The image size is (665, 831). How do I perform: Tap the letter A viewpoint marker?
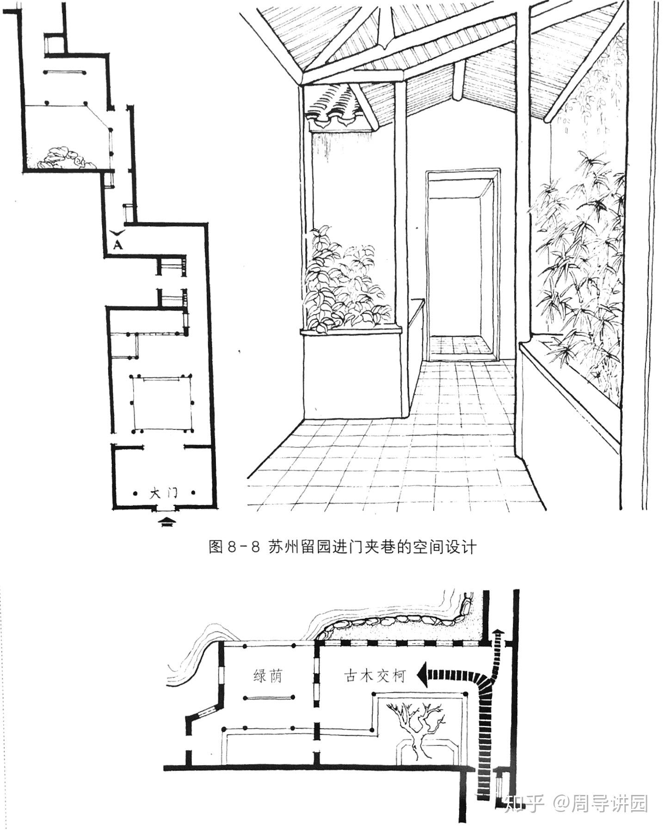pyautogui.click(x=118, y=245)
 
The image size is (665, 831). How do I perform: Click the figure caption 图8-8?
pyautogui.click(x=236, y=547)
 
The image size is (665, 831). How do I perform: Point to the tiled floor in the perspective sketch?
pyautogui.click(x=416, y=444)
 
